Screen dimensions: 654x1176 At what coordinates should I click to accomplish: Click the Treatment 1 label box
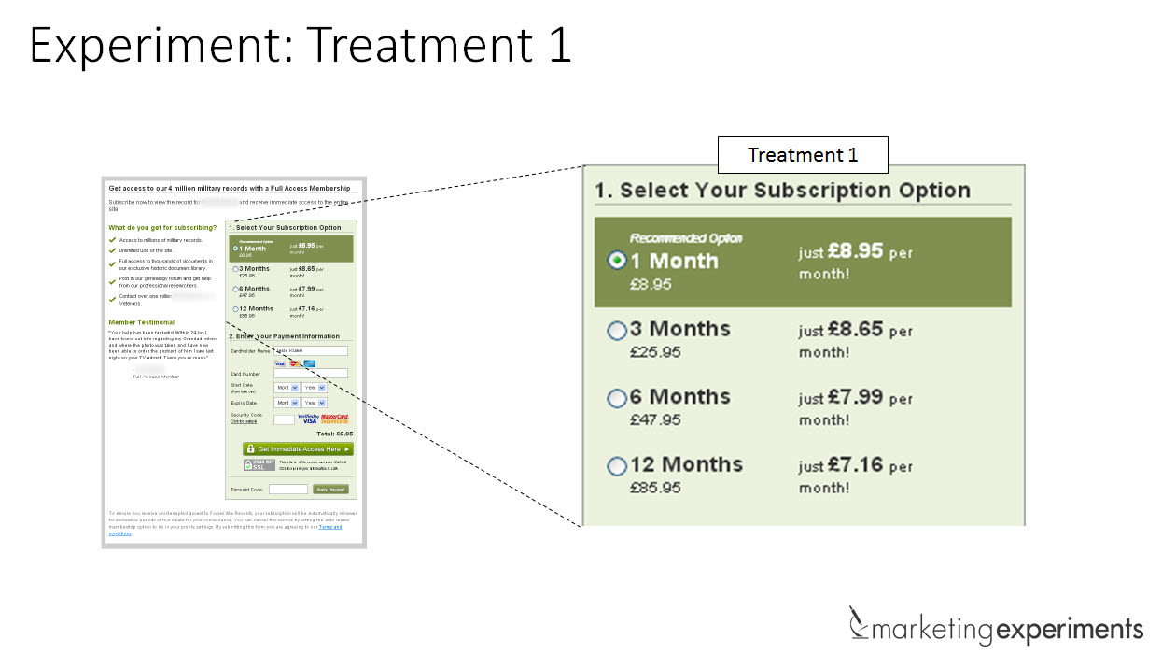pyautogui.click(x=802, y=155)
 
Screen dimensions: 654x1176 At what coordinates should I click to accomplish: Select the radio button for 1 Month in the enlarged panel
pyautogui.click(x=617, y=261)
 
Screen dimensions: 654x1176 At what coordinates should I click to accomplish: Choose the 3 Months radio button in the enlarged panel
pyautogui.click(x=617, y=330)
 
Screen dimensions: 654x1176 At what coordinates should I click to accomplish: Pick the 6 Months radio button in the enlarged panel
pyautogui.click(x=617, y=399)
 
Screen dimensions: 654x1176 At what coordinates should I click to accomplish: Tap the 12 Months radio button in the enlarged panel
pyautogui.click(x=617, y=466)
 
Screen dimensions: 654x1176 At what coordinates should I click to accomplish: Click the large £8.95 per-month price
pyautogui.click(x=855, y=251)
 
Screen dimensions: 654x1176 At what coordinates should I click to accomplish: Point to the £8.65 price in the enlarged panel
pyautogui.click(x=855, y=330)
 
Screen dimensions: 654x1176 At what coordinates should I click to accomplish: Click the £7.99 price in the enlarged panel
pyautogui.click(x=855, y=397)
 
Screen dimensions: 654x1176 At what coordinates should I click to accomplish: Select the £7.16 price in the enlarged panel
pyautogui.click(x=855, y=464)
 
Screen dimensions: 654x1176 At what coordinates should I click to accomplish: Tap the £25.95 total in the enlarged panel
pyautogui.click(x=655, y=352)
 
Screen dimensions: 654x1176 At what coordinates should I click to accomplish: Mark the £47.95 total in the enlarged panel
pyautogui.click(x=655, y=419)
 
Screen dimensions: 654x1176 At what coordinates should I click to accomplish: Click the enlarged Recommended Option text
pyautogui.click(x=686, y=238)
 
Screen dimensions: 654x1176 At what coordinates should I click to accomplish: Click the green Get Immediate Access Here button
pyautogui.click(x=298, y=449)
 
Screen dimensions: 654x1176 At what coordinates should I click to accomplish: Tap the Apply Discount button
pyautogui.click(x=330, y=490)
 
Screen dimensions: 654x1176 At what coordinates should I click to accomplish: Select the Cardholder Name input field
pyautogui.click(x=310, y=351)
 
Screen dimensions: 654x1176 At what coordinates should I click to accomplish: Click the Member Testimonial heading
pyautogui.click(x=141, y=322)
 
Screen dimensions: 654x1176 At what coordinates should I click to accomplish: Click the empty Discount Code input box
pyautogui.click(x=288, y=490)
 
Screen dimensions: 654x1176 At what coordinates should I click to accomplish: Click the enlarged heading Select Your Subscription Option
pyautogui.click(x=783, y=191)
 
